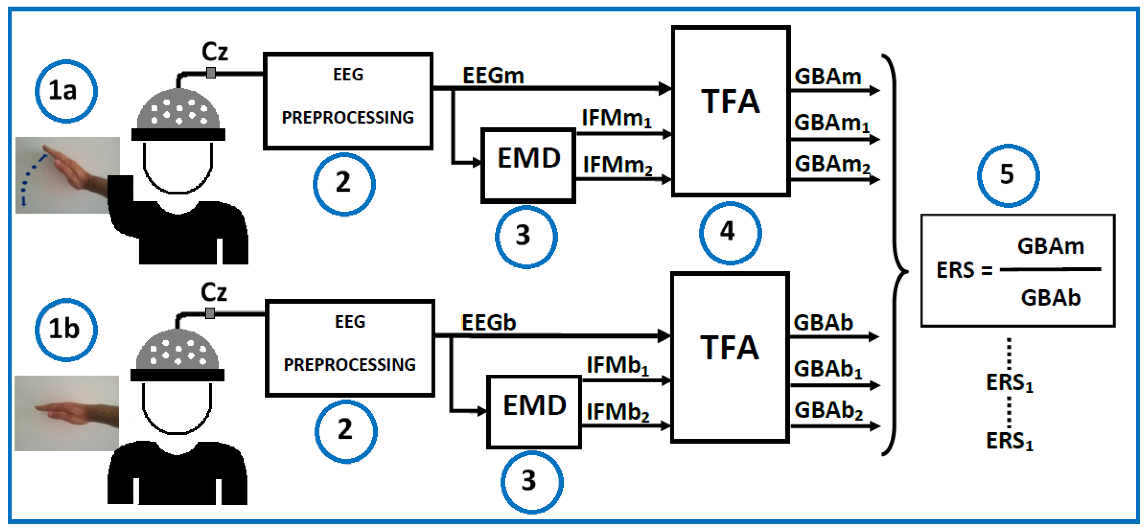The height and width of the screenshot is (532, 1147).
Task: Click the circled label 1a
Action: coord(66,91)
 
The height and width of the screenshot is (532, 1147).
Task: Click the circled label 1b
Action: coord(66,330)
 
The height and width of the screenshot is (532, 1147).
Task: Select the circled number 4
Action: coord(730,233)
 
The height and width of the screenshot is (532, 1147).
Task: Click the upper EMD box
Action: coord(528,166)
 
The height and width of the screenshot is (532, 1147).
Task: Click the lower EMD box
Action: coord(533,412)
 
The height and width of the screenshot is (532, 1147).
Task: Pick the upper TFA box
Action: coord(730,111)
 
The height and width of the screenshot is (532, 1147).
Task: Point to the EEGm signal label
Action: coord(493,76)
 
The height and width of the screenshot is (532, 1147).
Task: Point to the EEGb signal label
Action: coord(488,323)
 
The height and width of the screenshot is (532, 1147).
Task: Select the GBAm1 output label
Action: coord(831,123)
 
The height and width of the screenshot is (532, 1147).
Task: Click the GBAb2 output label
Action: coord(828,411)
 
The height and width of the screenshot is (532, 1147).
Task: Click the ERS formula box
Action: coord(1017,271)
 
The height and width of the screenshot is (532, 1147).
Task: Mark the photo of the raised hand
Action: coord(68,175)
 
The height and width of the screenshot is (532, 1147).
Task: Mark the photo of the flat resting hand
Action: coord(67,413)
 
